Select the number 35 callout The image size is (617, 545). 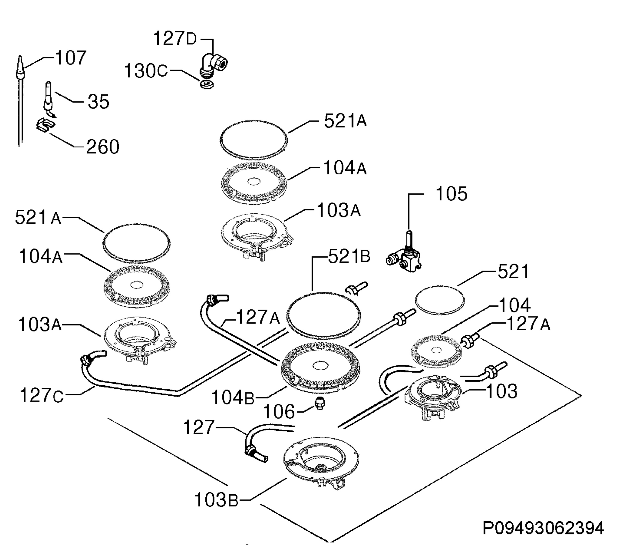[x=98, y=102]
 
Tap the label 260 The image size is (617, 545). [x=103, y=147]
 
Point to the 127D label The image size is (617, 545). [x=175, y=39]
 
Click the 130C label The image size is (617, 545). [x=146, y=71]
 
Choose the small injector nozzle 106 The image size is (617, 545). [x=319, y=403]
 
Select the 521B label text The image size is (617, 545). [x=349, y=257]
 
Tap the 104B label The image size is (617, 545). [x=233, y=397]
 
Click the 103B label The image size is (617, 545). [x=216, y=500]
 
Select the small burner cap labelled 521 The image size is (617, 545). [x=440, y=300]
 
